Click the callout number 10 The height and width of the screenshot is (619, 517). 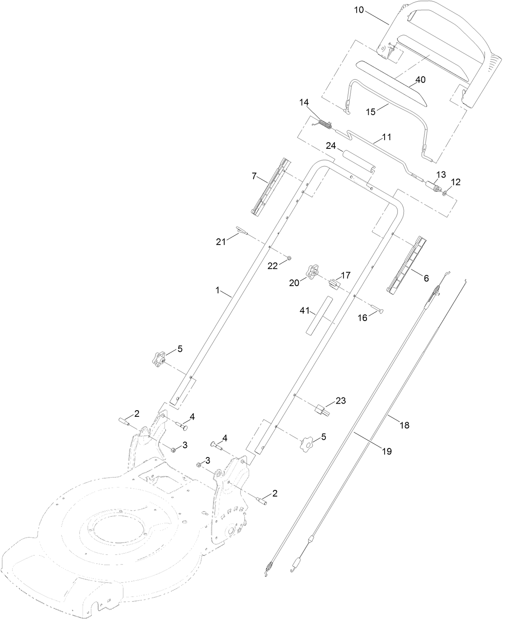pos(359,9)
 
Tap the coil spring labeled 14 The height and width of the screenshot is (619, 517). pos(325,123)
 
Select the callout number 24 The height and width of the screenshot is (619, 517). pos(331,146)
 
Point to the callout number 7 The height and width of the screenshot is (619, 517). pos(254,177)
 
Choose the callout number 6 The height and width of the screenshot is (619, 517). pos(426,278)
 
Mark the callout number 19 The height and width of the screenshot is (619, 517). pos(387,451)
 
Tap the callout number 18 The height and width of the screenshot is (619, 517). pos(404,425)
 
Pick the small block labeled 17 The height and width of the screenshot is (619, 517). pos(334,283)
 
